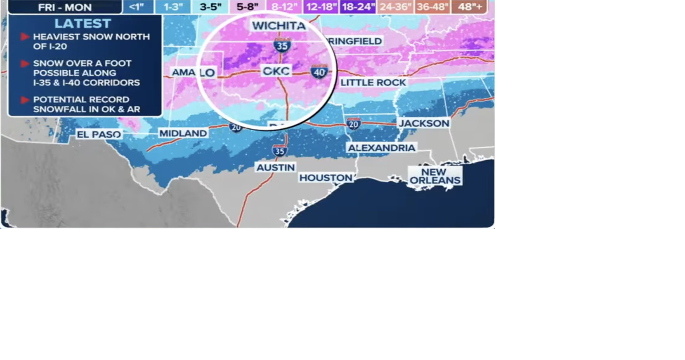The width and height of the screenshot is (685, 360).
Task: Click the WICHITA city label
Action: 279,26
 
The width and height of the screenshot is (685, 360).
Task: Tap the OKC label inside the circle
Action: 276,71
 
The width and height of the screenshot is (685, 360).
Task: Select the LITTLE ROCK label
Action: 373,83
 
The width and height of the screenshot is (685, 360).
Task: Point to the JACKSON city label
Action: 424,123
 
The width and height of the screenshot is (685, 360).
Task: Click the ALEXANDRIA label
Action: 381,148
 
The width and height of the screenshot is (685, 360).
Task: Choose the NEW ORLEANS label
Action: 435,176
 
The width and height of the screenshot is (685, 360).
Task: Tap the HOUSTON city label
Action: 326,178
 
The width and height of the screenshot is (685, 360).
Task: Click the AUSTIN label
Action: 275,168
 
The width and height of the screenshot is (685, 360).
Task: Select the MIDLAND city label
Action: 183,133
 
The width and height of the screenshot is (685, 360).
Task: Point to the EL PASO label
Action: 99,135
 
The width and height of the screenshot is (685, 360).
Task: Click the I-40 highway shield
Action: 319,72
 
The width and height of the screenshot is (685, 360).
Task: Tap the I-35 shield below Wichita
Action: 282,45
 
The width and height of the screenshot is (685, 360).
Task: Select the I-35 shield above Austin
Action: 279,151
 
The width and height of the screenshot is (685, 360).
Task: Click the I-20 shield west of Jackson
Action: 353,124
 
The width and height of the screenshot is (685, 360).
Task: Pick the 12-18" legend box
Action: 321,7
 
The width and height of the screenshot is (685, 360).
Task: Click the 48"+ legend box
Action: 470,7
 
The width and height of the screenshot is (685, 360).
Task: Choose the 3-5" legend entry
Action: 210,7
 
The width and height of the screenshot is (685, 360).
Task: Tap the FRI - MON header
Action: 65,7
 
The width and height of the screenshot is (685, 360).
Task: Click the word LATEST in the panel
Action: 83,24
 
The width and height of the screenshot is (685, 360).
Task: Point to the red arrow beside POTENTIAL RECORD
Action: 25,100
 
